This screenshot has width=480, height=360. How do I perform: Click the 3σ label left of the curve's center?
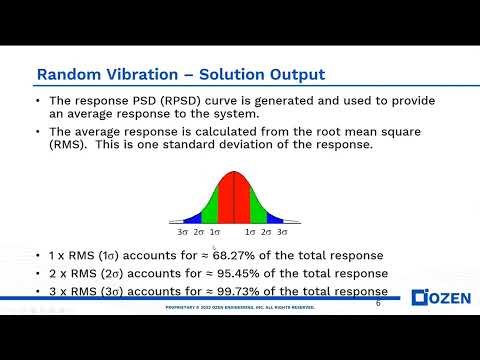coord(183,231)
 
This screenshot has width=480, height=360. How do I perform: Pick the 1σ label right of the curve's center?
coord(251,231)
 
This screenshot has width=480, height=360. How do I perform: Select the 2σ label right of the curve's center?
coord(267,231)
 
